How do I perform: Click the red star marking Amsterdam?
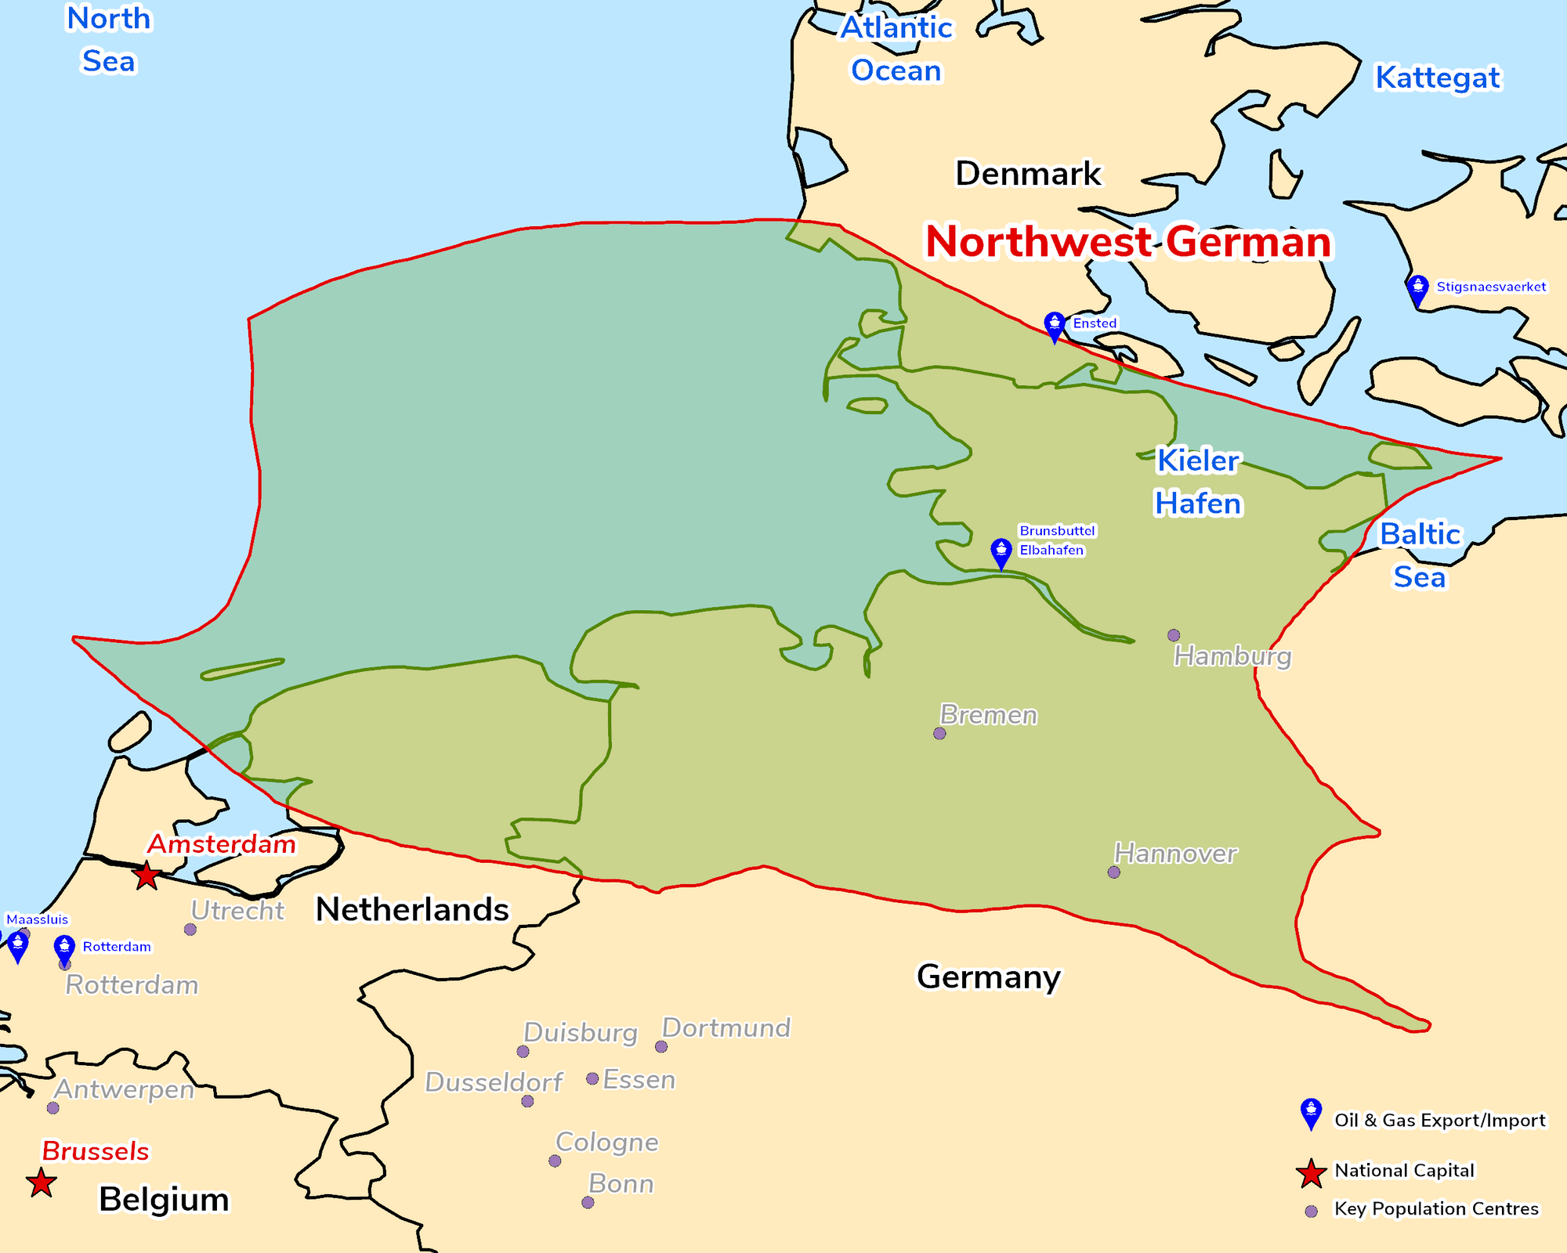(x=147, y=875)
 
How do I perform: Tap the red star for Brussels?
(x=41, y=1183)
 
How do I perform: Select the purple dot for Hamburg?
(x=1174, y=635)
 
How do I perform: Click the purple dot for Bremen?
(x=939, y=734)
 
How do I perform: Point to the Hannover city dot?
(x=1114, y=872)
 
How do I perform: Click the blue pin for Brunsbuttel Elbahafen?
(x=1001, y=553)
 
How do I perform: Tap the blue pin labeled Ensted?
(x=1055, y=326)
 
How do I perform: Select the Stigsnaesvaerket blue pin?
(x=1417, y=290)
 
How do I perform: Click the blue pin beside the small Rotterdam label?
(x=64, y=949)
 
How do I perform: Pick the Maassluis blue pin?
(x=17, y=946)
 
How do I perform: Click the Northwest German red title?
(x=1128, y=241)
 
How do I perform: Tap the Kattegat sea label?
(x=1438, y=78)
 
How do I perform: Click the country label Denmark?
(x=1028, y=173)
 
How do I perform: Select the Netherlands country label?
(x=412, y=909)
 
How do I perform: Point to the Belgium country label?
(x=164, y=1199)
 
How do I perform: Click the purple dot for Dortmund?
(x=661, y=1047)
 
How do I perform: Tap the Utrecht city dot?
(x=190, y=930)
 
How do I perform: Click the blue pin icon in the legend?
(x=1311, y=1113)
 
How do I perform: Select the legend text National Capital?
(x=1404, y=1170)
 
